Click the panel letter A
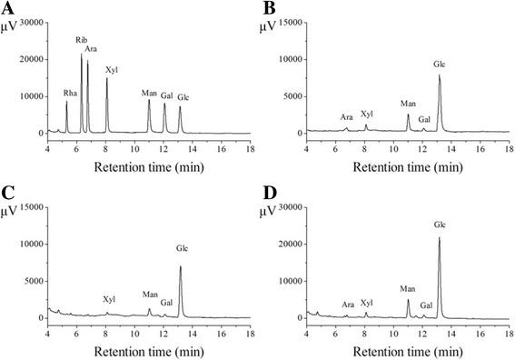tap(8, 8)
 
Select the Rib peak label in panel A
tap(81, 42)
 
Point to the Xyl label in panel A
tap(111, 69)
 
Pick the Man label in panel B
tap(408, 104)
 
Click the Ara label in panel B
tap(346, 117)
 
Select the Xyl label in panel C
tap(109, 299)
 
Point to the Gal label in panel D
tap(426, 306)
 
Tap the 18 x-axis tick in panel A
tap(250, 143)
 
